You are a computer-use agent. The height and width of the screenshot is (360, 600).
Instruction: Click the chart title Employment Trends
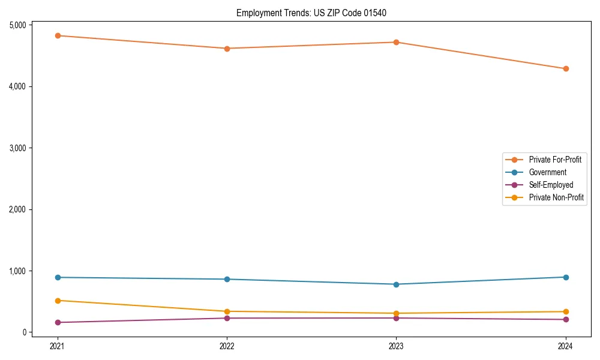315,13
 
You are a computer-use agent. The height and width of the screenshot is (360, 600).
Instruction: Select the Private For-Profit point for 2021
58,36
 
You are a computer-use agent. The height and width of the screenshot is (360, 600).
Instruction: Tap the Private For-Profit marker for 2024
566,69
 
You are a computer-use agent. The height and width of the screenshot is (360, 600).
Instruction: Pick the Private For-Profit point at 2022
227,49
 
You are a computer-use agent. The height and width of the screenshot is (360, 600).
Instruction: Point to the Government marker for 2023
397,284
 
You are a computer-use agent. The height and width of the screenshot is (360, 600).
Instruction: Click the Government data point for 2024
566,277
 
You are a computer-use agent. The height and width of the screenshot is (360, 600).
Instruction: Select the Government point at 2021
58,277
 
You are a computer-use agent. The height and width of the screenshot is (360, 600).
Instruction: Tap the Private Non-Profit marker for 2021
58,301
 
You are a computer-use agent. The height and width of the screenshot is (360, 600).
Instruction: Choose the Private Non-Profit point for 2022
227,311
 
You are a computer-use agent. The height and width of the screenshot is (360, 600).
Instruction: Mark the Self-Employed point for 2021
58,323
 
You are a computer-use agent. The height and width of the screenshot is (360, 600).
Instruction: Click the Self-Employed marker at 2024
566,320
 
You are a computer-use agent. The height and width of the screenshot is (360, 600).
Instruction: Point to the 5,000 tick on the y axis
17,25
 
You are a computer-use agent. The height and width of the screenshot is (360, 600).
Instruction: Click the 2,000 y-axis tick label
17,209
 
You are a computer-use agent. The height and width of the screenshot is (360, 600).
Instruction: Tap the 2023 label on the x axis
397,346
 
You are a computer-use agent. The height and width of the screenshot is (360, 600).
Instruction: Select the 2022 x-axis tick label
227,346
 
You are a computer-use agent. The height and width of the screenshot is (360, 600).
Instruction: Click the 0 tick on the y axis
24,332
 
